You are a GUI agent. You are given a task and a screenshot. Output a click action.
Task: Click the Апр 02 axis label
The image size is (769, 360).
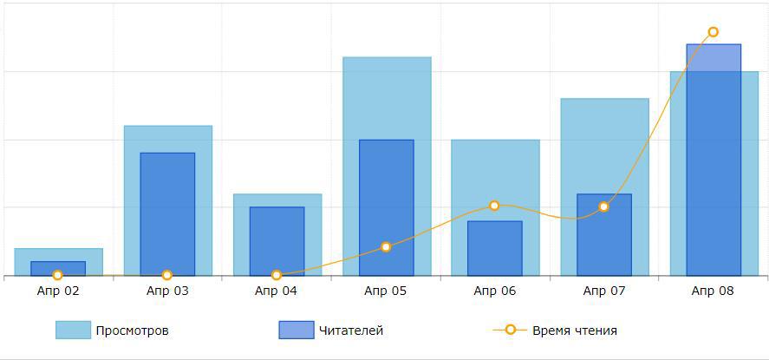[58, 291]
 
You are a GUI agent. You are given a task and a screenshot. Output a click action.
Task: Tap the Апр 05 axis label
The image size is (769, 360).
[386, 291]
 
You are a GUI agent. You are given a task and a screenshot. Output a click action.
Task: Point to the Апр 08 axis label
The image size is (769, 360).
[713, 291]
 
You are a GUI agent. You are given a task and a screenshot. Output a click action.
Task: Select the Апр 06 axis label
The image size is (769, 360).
[494, 291]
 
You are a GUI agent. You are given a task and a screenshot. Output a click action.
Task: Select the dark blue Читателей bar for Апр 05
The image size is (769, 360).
[386, 207]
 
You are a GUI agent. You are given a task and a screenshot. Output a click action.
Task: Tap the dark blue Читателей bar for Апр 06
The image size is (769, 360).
[494, 248]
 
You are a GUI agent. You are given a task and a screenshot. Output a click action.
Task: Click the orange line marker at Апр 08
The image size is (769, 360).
[713, 32]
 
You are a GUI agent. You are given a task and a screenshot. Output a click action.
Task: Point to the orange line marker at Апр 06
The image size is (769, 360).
[494, 206]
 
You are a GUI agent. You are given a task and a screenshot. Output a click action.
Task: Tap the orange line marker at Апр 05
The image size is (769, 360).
[386, 247]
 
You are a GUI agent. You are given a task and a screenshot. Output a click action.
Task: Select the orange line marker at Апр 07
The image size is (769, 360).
[603, 206]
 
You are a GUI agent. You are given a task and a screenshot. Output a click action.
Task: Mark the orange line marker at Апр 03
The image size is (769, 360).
[167, 275]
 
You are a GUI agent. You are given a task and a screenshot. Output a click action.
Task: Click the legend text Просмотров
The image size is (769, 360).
[132, 331]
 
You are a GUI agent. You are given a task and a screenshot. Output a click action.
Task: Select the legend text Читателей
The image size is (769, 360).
[350, 331]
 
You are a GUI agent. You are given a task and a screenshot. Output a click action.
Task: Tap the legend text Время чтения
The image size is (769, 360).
[574, 331]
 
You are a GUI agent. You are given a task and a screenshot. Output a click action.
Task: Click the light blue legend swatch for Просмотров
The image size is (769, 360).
[73, 330]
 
